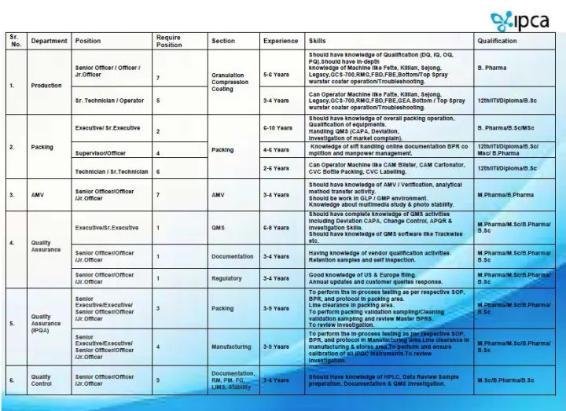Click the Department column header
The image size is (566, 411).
click(49, 41)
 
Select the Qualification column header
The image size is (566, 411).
click(497, 41)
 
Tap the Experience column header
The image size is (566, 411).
click(281, 41)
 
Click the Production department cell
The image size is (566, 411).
click(46, 85)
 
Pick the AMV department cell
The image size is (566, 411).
click(39, 194)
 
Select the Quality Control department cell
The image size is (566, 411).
click(42, 380)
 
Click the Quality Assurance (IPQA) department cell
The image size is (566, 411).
click(43, 323)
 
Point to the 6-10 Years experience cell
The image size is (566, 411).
click(277, 128)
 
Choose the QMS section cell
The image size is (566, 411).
click(219, 228)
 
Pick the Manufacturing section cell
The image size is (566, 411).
click(231, 347)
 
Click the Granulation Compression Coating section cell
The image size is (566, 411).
click(230, 82)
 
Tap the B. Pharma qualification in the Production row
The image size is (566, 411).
click(492, 68)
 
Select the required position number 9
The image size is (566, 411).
click(158, 380)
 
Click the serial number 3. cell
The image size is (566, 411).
click(12, 194)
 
